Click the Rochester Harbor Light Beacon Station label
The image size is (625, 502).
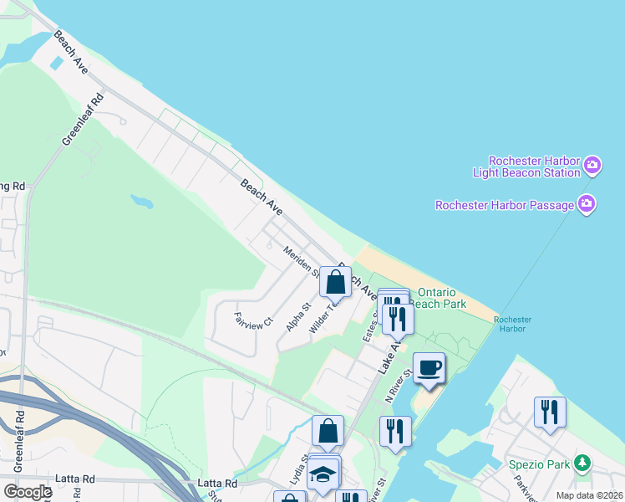pos(534,166)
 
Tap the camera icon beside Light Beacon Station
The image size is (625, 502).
pos(592,164)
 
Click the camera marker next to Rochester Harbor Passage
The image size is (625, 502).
pos(586,203)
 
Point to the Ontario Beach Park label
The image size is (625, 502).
pos(441,298)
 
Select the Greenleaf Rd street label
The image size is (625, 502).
pos(82,119)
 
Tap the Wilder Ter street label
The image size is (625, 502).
pos(321,319)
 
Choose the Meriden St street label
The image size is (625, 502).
pos(301,261)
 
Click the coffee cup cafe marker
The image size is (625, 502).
pos(429,368)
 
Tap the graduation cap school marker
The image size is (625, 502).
pos(323,474)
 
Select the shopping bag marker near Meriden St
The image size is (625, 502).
pos(335,283)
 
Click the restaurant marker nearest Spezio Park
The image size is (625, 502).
pos(550,412)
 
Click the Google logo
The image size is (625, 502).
pos(27,492)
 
